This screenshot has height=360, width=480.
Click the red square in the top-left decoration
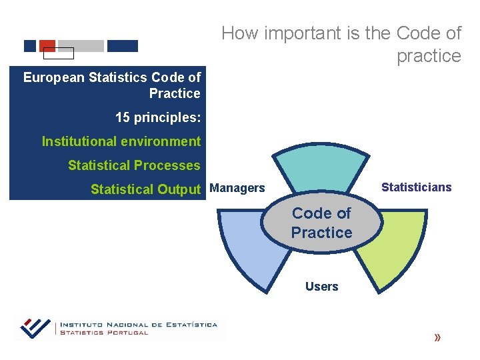47,45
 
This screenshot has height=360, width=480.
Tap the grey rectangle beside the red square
81,46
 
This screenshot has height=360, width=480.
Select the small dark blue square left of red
30,46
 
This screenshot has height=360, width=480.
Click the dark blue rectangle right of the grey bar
122,46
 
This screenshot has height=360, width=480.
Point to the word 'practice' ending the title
429,56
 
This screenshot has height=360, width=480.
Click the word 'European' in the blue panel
54,77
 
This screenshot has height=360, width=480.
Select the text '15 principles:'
157,118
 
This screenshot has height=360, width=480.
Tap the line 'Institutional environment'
121,141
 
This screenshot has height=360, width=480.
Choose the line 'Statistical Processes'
133,165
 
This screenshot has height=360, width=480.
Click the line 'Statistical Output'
145,189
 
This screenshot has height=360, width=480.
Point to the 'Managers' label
237,188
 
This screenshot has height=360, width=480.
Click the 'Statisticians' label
416,187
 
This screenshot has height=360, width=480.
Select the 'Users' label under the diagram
321,287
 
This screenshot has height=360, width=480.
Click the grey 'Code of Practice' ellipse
321,223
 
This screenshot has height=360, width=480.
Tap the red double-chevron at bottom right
437,338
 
